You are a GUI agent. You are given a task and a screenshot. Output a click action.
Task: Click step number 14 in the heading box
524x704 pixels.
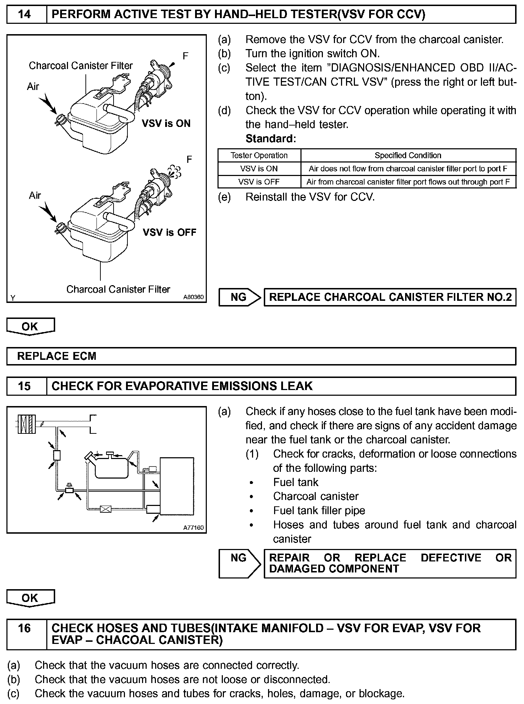pyautogui.click(x=25, y=14)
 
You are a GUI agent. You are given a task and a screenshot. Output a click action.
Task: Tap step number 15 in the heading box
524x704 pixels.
pyautogui.click(x=25, y=386)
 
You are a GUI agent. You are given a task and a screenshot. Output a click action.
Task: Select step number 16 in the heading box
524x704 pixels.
pyautogui.click(x=25, y=628)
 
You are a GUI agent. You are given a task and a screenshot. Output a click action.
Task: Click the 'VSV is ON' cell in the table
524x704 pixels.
pyautogui.click(x=259, y=169)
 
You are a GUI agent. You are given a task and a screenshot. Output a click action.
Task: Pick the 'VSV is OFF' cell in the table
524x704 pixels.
pyautogui.click(x=259, y=182)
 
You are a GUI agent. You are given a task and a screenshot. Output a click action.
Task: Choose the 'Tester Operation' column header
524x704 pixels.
pyautogui.click(x=259, y=155)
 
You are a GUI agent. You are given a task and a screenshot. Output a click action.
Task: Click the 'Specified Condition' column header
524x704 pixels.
pyautogui.click(x=408, y=155)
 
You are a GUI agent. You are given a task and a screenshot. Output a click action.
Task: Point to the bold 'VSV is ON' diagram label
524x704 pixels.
pyautogui.click(x=166, y=123)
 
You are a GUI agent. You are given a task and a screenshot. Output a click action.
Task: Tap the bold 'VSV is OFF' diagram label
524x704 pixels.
pyautogui.click(x=169, y=232)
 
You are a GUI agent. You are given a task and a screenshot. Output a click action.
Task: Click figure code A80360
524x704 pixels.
pyautogui.click(x=194, y=297)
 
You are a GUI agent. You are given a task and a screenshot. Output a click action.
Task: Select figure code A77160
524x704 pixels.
pyautogui.click(x=194, y=528)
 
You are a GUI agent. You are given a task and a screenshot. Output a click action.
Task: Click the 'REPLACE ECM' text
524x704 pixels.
pyautogui.click(x=57, y=356)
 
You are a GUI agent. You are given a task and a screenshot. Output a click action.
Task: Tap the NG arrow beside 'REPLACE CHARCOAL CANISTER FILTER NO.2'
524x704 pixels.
pyautogui.click(x=239, y=297)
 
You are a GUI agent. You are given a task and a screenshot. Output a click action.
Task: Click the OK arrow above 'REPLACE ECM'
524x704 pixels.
pyautogui.click(x=30, y=326)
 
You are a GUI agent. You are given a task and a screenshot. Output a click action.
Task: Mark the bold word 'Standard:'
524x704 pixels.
pyautogui.click(x=271, y=139)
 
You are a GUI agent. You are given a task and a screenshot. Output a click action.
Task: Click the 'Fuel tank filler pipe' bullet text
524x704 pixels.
pyautogui.click(x=319, y=511)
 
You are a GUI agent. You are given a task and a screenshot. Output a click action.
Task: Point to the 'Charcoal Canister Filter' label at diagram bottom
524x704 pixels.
pyautogui.click(x=118, y=289)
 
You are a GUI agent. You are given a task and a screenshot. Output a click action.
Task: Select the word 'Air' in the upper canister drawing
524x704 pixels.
pyautogui.click(x=33, y=86)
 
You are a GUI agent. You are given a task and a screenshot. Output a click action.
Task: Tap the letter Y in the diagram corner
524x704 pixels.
pyautogui.click(x=13, y=298)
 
